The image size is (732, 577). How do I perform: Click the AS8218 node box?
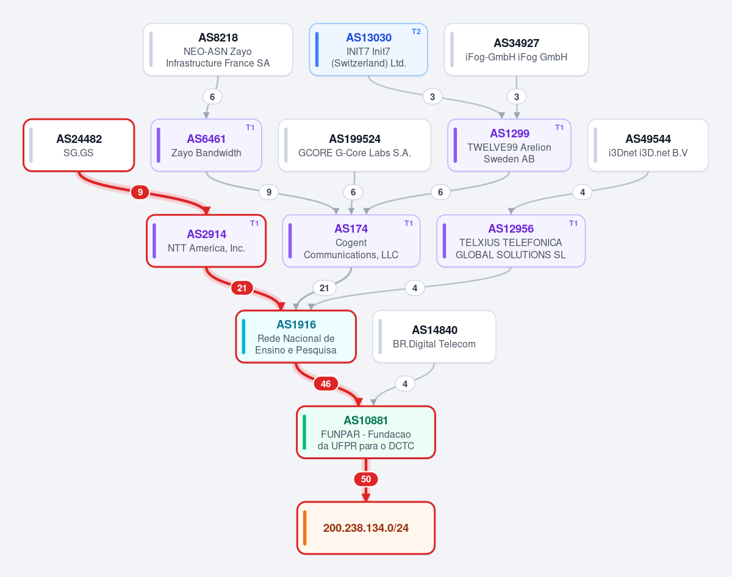click(x=218, y=49)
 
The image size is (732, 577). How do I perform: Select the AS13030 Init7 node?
click(x=368, y=49)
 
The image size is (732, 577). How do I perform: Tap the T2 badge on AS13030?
click(x=416, y=32)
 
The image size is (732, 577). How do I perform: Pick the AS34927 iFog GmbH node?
click(x=516, y=49)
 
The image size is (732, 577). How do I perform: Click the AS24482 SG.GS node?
click(x=79, y=145)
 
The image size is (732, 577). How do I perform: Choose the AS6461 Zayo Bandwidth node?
click(x=206, y=145)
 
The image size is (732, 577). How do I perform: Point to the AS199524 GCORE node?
click(x=354, y=145)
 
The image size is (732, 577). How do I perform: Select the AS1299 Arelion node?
click(x=509, y=145)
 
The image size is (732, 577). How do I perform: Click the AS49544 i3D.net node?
click(x=648, y=145)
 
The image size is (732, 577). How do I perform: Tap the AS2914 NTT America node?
click(x=206, y=241)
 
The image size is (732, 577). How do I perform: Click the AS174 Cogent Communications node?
click(x=351, y=241)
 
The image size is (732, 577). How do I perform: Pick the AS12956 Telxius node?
click(x=511, y=241)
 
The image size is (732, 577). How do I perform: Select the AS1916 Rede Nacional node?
click(x=296, y=336)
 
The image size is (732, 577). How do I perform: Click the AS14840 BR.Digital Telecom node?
click(x=434, y=336)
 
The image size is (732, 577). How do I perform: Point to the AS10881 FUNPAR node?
click(x=366, y=432)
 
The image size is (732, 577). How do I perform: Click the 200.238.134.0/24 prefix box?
click(x=366, y=528)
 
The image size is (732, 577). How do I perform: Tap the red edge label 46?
click(x=326, y=384)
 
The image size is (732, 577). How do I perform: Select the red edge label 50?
click(x=366, y=479)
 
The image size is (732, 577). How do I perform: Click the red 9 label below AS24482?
click(x=140, y=192)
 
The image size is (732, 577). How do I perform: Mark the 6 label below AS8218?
click(x=212, y=96)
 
